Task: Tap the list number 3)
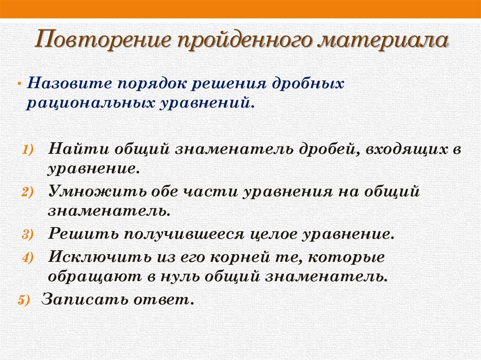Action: [x=26, y=235]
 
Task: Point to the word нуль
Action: [x=188, y=276]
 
